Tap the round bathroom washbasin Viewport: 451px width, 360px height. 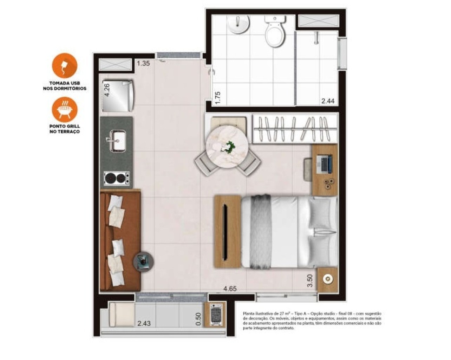tap(239, 25)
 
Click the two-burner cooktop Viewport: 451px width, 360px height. tap(117, 179)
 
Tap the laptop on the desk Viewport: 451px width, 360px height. tap(324, 164)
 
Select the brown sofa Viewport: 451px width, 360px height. tap(120, 241)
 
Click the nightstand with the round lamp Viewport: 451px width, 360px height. tap(328, 279)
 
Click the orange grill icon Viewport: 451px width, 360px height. tap(64, 109)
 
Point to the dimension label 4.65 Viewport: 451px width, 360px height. tap(230, 289)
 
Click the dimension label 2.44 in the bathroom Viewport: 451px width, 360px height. tap(328, 101)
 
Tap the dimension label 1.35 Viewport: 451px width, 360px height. tap(143, 64)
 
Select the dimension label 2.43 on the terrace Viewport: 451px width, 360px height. tap(144, 323)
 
